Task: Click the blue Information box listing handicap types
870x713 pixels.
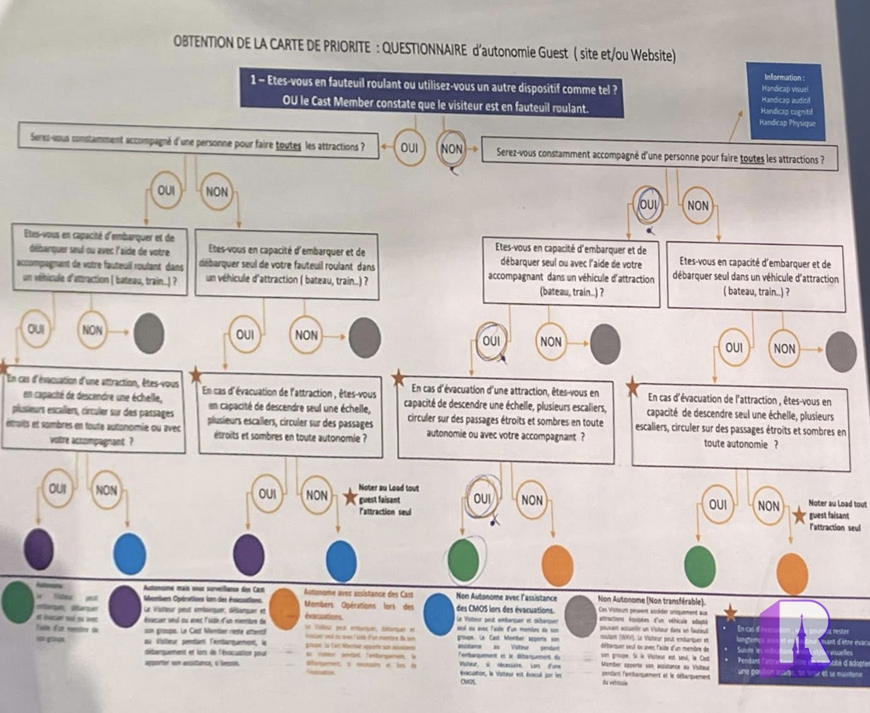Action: pos(784,100)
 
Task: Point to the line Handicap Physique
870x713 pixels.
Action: pos(787,123)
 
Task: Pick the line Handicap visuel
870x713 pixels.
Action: pos(784,89)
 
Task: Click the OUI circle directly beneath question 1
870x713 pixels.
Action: pos(409,148)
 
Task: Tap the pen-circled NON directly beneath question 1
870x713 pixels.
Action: pos(451,149)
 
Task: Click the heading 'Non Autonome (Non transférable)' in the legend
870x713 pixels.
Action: pos(651,601)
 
